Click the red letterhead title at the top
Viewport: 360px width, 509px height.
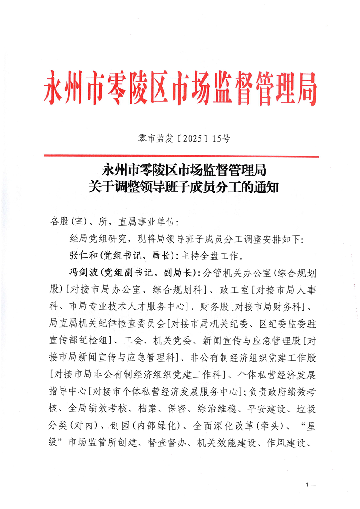pos(180,87)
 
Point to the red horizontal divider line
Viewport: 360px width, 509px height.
pos(181,157)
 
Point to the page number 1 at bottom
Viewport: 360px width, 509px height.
pos(307,485)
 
